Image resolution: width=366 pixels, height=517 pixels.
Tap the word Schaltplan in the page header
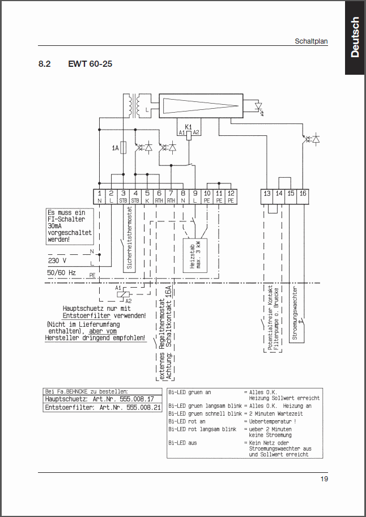coord(311,41)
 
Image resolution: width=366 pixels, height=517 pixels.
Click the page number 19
coord(324,479)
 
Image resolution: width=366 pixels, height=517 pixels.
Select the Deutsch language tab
coord(355,37)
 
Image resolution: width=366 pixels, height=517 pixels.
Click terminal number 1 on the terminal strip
coord(100,194)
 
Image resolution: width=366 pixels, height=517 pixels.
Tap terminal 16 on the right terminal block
coord(303,194)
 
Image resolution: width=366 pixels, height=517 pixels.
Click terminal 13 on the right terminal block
coord(267,194)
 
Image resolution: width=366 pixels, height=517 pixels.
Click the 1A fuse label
coord(115,148)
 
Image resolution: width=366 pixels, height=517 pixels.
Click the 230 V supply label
coord(57,261)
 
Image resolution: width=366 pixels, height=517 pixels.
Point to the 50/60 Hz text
coord(62,272)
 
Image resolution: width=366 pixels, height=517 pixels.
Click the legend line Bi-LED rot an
coord(187,421)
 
